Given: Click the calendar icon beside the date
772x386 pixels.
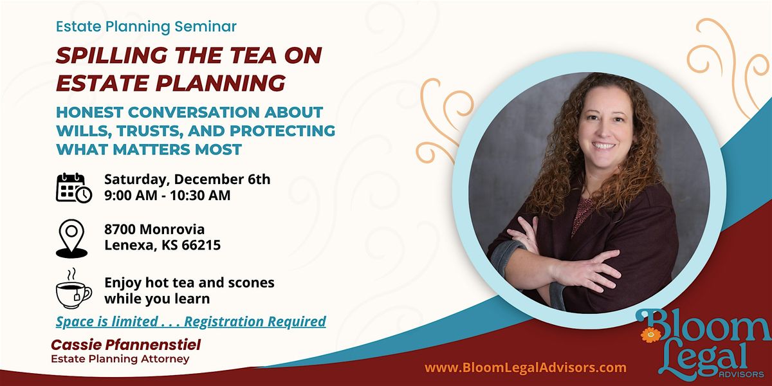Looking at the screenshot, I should (x=73, y=187).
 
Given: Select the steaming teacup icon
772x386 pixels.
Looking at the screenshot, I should (x=73, y=289).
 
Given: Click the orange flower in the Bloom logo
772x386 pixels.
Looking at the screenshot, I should (x=651, y=335).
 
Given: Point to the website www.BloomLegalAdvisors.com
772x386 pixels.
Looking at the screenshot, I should (x=526, y=368).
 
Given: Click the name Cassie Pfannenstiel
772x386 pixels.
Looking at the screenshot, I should (x=126, y=345).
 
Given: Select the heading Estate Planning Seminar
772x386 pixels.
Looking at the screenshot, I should (x=147, y=27).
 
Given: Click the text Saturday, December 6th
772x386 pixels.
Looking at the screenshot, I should (x=187, y=179).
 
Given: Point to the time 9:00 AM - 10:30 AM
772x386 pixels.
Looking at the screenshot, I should (x=167, y=195).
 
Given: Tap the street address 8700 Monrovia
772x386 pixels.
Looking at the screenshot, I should (x=154, y=229).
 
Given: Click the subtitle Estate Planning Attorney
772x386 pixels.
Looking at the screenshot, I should (x=120, y=359).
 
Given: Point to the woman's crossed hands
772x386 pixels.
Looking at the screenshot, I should (x=566, y=257).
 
